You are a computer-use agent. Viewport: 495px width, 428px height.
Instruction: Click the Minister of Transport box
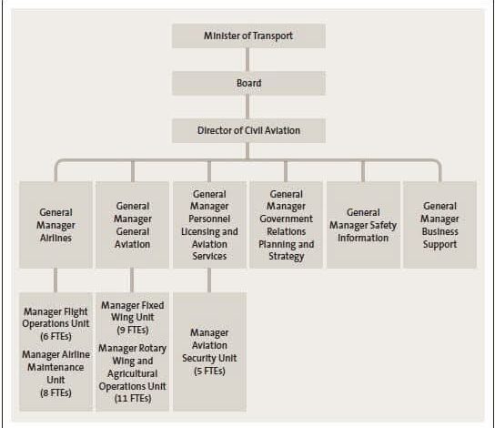pyautogui.click(x=248, y=36)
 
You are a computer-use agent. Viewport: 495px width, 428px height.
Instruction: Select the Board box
pyautogui.click(x=248, y=84)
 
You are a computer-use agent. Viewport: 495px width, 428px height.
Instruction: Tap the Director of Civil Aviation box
pyautogui.click(x=248, y=131)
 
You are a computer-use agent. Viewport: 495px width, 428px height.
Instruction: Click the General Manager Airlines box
pyautogui.click(x=56, y=225)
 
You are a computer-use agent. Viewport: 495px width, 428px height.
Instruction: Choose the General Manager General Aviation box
pyautogui.click(x=132, y=225)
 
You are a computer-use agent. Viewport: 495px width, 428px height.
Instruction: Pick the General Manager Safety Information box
pyautogui.click(x=363, y=225)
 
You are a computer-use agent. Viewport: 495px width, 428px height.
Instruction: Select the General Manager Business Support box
pyautogui.click(x=439, y=225)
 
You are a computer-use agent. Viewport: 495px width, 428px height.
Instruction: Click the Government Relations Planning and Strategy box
pyautogui.click(x=286, y=225)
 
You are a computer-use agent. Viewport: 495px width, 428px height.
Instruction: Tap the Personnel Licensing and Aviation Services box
pyautogui.click(x=209, y=225)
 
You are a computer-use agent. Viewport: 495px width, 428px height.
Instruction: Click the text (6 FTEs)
pyautogui.click(x=56, y=336)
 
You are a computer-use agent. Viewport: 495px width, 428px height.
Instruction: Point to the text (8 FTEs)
pyautogui.click(x=56, y=392)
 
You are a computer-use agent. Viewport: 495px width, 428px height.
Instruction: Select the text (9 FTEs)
pyautogui.click(x=133, y=330)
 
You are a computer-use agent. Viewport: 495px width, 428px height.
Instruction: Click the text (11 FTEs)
pyautogui.click(x=133, y=398)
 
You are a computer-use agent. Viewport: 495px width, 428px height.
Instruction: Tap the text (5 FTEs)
pyautogui.click(x=209, y=371)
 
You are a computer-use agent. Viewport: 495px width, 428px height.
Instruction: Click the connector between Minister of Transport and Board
pyautogui.click(x=247, y=60)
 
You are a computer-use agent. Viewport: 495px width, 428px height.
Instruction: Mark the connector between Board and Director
pyautogui.click(x=247, y=107)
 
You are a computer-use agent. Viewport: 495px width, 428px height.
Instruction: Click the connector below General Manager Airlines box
pyautogui.click(x=56, y=280)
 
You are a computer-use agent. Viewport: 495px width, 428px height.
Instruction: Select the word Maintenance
pyautogui.click(x=56, y=367)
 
